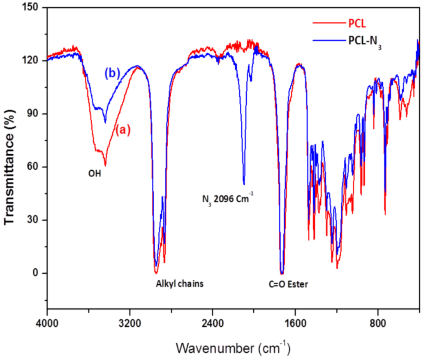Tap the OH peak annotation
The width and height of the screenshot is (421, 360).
click(95, 174)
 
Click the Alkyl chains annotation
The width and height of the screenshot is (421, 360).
click(180, 284)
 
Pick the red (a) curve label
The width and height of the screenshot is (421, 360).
click(123, 130)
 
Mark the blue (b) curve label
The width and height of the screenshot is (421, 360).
click(112, 73)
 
